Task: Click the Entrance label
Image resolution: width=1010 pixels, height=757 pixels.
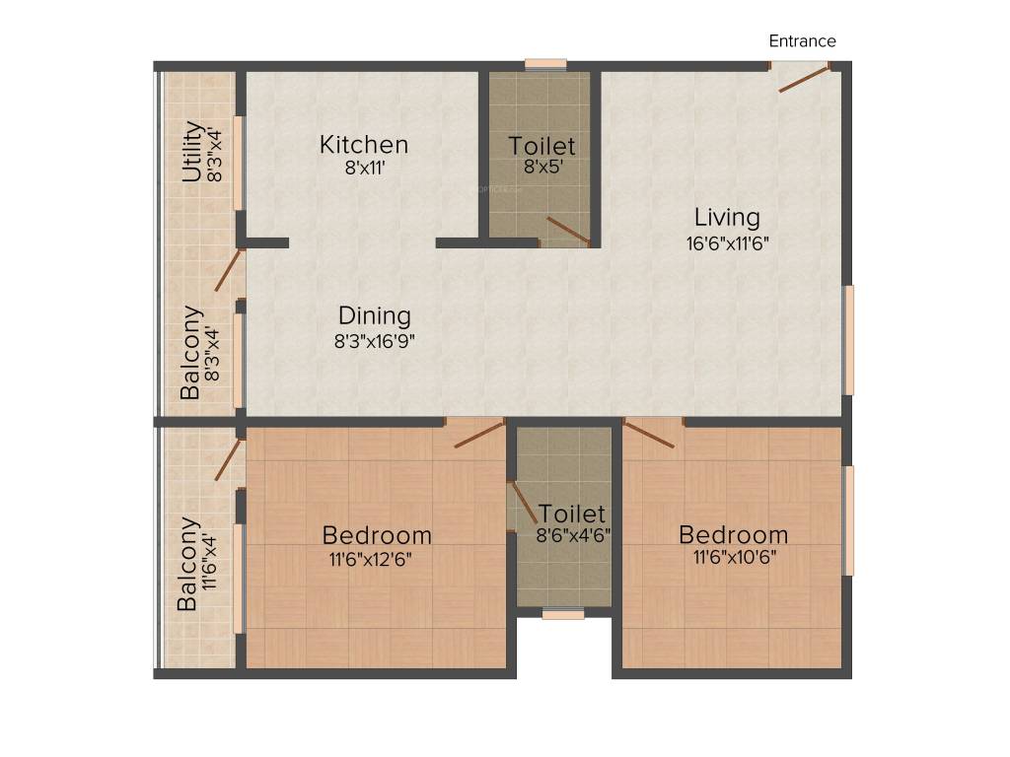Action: [802, 40]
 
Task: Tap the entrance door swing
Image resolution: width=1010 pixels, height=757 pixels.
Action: [804, 78]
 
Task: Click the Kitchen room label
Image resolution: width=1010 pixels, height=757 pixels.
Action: [363, 145]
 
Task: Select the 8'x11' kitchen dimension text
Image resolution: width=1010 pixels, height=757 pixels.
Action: [363, 168]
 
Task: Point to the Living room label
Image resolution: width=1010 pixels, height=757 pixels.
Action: [727, 217]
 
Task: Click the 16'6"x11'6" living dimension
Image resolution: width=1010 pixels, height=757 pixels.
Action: [727, 241]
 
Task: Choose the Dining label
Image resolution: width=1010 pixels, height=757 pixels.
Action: [374, 316]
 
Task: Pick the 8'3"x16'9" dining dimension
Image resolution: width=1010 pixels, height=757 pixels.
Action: [374, 341]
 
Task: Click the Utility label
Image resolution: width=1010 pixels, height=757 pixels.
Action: [192, 153]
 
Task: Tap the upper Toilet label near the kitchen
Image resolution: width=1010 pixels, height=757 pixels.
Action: [541, 146]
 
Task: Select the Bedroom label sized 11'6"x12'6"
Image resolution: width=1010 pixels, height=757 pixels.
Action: [377, 535]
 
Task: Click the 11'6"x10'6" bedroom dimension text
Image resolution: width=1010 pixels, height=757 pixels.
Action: [733, 557]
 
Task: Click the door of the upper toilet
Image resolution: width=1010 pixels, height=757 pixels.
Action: [568, 231]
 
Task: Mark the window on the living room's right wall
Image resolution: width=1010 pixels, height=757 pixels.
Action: [848, 339]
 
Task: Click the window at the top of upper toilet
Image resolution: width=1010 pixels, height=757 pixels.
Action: [545, 65]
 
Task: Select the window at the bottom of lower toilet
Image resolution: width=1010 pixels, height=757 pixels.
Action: [563, 614]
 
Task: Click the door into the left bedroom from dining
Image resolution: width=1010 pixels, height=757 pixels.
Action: [478, 433]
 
